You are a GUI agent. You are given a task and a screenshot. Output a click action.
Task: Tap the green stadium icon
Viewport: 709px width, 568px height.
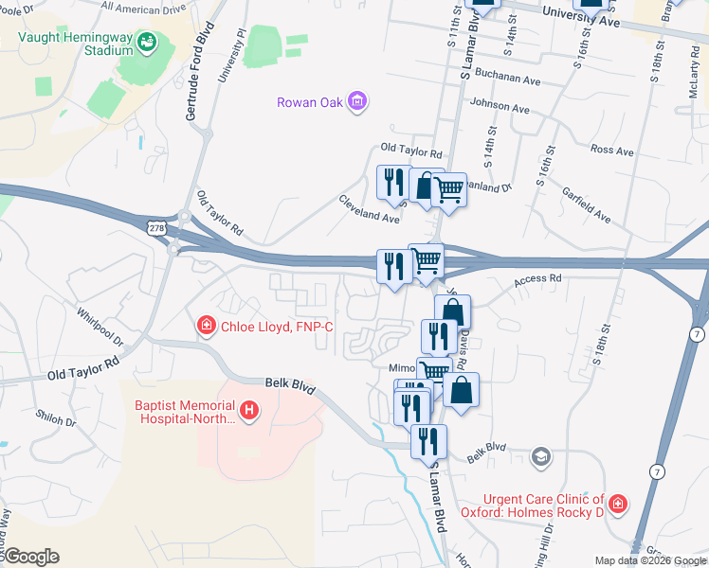coord(147,42)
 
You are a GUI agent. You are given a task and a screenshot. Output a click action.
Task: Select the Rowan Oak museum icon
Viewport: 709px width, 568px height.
coord(356,101)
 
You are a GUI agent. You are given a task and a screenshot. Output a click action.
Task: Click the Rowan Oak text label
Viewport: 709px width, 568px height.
coord(308,102)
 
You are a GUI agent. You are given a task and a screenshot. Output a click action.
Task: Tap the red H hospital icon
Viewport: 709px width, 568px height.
coord(248,410)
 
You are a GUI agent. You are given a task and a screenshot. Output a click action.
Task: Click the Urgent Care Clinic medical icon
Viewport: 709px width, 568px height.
coord(618,503)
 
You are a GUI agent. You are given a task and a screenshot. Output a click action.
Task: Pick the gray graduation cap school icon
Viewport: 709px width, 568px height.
coord(541,457)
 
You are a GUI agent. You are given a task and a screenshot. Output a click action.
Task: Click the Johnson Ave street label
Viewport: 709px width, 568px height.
coord(500,108)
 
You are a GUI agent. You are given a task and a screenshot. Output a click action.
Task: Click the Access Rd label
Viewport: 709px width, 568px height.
coord(538,280)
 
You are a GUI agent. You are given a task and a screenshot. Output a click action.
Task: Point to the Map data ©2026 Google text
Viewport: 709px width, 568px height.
coord(649,559)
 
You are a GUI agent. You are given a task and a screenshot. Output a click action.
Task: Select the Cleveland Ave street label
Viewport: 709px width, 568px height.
coord(370,209)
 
